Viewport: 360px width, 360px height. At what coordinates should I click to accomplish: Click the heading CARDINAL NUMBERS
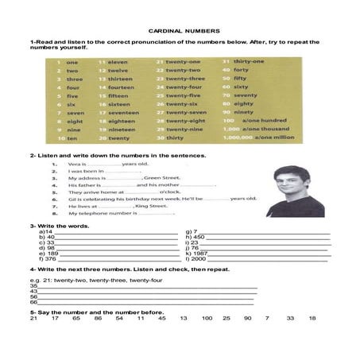[180, 32]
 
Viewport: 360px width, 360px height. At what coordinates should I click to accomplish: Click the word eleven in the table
[118, 61]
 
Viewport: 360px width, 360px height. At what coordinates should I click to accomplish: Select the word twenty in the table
[119, 138]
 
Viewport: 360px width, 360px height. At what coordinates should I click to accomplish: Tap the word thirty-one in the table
[249, 61]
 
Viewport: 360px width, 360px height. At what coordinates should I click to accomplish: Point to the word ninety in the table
[242, 112]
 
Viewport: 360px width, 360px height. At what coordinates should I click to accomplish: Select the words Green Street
[163, 178]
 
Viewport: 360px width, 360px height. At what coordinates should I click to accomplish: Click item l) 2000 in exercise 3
[195, 258]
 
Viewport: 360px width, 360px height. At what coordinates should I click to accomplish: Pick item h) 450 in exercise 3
[195, 237]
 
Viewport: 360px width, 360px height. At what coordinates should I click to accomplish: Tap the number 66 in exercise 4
[34, 302]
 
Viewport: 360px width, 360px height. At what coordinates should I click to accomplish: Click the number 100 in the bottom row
[207, 318]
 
